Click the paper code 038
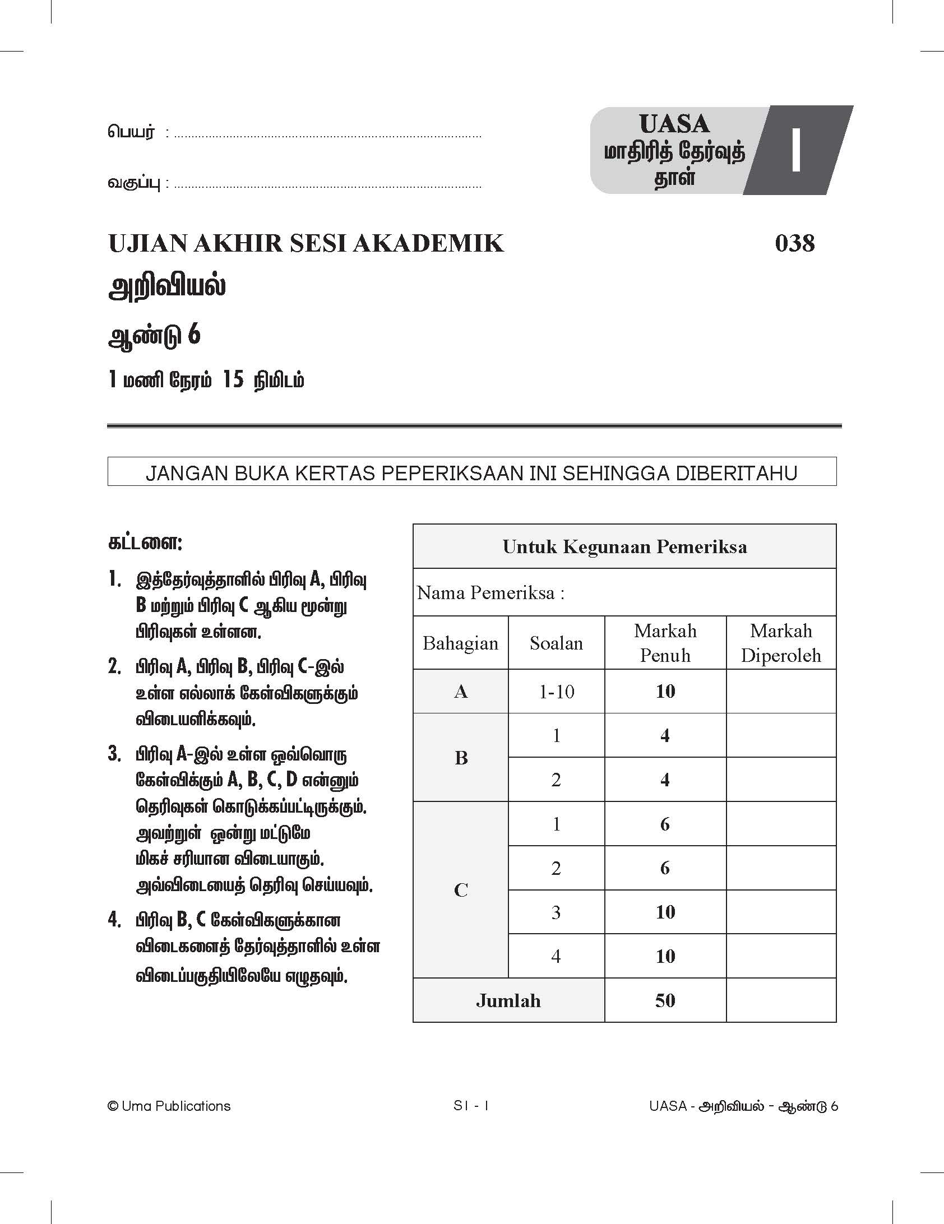click(794, 243)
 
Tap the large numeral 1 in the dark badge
click(795, 150)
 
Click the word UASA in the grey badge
click(674, 124)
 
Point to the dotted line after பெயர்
click(328, 136)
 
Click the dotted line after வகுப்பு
click(328, 186)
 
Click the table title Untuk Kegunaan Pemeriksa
click(624, 546)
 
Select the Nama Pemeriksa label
click(490, 592)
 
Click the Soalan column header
click(556, 643)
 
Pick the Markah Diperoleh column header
click(781, 643)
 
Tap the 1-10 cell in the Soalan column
click(556, 692)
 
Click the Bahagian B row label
click(461, 758)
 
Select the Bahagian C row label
click(461, 890)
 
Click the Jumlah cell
click(508, 1000)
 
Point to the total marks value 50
click(665, 1000)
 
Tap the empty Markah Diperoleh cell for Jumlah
click(781, 1000)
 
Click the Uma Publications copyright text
click(169, 1106)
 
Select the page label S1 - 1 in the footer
click(471, 1106)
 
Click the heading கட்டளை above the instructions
click(145, 543)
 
